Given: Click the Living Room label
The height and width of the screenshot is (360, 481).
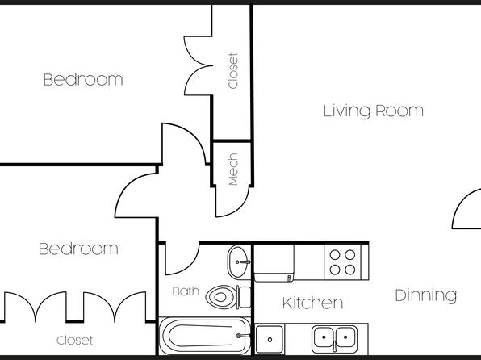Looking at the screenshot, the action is tap(374, 111).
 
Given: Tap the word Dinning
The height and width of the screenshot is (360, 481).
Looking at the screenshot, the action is tap(426, 295).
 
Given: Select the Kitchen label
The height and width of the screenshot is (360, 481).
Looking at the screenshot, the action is tap(312, 303).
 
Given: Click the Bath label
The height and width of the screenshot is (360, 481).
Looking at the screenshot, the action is tap(186, 291).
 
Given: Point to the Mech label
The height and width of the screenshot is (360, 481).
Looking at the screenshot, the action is tap(233, 170).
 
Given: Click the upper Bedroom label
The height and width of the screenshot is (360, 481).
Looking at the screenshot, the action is tap(83, 79).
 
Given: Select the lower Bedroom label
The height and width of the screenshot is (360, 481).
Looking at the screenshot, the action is tap(78, 249).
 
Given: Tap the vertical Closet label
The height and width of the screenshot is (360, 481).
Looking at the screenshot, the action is tap(232, 71).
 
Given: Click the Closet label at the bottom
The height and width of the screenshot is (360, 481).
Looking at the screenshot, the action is tap(74, 340).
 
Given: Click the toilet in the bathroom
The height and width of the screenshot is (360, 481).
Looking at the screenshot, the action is tap(228, 297).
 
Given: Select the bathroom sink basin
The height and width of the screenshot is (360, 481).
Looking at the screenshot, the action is tap(239, 262).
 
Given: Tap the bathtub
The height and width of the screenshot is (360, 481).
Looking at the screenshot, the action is tap(205, 336).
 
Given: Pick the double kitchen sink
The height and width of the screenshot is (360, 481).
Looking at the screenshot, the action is tap(334, 338).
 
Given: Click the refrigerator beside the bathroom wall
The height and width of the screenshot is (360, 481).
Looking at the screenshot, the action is tap(274, 262).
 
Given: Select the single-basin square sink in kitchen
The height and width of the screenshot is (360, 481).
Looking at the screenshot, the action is tap(270, 339).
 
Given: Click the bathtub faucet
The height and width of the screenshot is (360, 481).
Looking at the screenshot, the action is tap(243, 336).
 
